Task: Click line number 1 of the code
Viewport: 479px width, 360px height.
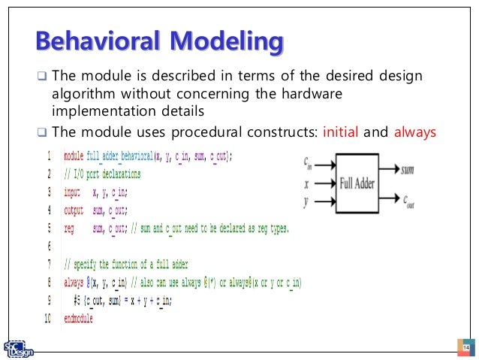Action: (49, 156)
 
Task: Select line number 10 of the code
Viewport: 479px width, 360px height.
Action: (47, 319)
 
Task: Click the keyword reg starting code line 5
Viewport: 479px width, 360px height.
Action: (69, 228)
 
